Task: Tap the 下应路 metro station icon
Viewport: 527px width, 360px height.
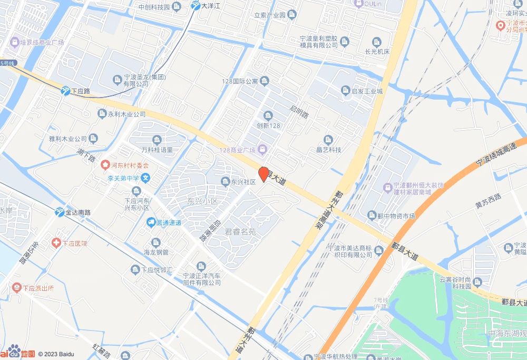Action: [65, 91]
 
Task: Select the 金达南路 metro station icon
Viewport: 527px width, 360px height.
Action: [60, 212]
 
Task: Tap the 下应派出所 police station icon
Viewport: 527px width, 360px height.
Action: [16, 288]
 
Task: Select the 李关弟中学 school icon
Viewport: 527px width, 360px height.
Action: [146, 178]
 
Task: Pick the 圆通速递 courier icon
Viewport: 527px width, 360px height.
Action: [151, 222]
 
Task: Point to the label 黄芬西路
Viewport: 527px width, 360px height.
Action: [487, 200]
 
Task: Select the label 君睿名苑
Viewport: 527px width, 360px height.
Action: [240, 231]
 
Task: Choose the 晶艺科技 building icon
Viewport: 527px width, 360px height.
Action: [328, 139]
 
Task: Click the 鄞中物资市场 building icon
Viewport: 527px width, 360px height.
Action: [372, 215]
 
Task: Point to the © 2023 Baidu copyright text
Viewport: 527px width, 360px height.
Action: [56, 354]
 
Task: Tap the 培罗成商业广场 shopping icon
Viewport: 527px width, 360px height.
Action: [14, 42]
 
